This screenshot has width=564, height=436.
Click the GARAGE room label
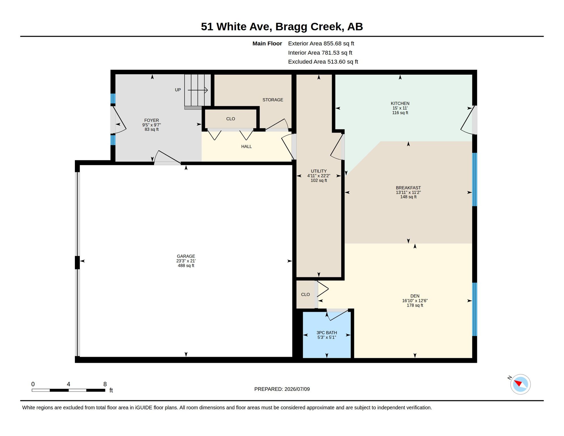pyautogui.click(x=186, y=256)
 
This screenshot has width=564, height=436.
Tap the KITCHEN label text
pyautogui.click(x=400, y=104)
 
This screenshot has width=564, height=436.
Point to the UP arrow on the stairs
pyautogui.click(x=198, y=90)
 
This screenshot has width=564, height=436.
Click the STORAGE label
pyautogui.click(x=273, y=100)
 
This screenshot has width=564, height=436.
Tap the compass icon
pyautogui.click(x=520, y=384)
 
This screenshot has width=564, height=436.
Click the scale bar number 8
pyautogui.click(x=105, y=384)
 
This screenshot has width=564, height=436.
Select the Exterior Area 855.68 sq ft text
pyautogui.click(x=321, y=43)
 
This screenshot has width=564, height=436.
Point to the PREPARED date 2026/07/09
pyautogui.click(x=297, y=389)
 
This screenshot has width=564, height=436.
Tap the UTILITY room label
pyautogui.click(x=319, y=171)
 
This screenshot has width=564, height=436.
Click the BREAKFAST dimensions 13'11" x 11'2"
pyautogui.click(x=408, y=192)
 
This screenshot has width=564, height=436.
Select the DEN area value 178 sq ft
pyautogui.click(x=415, y=305)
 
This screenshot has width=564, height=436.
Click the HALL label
pyautogui.click(x=246, y=146)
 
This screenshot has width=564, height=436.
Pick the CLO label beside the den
pyautogui.click(x=305, y=295)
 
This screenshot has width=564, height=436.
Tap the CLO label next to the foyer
pyautogui.click(x=230, y=119)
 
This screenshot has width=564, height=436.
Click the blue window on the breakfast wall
pyautogui.click(x=474, y=179)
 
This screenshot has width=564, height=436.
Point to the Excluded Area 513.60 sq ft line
pyautogui.click(x=323, y=62)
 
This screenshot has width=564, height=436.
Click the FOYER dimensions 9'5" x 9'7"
pyautogui.click(x=151, y=125)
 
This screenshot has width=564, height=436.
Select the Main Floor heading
pyautogui.click(x=267, y=43)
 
